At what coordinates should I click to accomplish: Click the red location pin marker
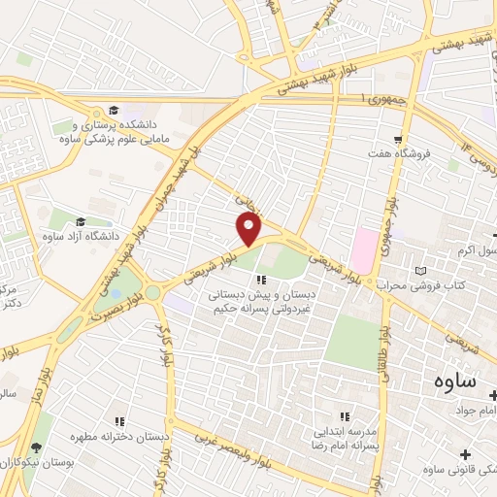pos(249,229)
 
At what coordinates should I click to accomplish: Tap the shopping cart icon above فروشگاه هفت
pos(399,139)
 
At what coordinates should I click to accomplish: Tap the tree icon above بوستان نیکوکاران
pos(36,447)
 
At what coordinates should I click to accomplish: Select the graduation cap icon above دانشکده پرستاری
pos(114,110)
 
